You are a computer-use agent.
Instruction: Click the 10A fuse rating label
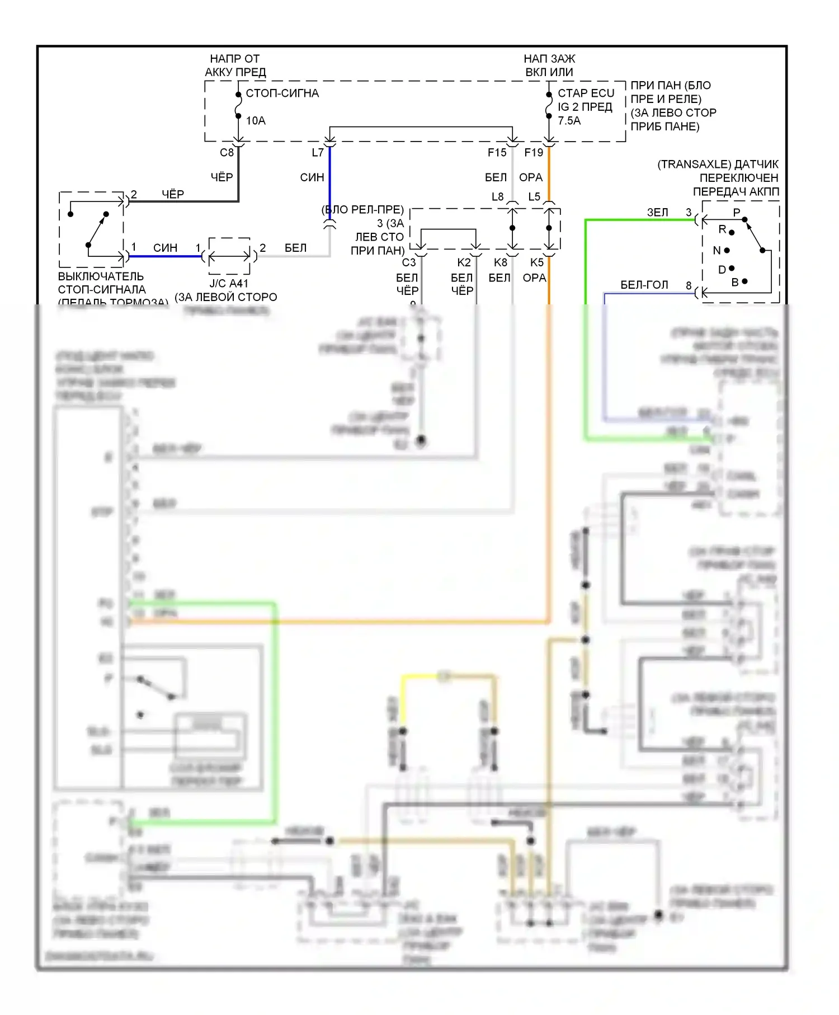point(256,120)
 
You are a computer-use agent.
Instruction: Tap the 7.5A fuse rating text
point(569,120)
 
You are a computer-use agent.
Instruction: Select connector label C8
point(227,153)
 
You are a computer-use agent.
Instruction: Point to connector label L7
point(318,153)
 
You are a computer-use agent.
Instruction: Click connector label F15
point(497,153)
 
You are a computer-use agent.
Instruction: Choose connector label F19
point(534,153)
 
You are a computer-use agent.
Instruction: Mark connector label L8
point(497,197)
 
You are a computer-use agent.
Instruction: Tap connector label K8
point(500,262)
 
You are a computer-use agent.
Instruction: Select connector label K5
point(536,262)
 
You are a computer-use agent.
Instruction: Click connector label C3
point(409,262)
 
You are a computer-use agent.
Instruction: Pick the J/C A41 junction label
point(229,284)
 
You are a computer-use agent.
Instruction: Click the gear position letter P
point(737,213)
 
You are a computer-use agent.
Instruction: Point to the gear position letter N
point(717,251)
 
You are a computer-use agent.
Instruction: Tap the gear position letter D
point(722,270)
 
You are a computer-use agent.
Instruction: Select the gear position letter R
point(722,229)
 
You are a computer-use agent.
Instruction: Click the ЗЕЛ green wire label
point(657,213)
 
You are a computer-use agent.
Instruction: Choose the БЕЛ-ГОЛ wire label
point(644,285)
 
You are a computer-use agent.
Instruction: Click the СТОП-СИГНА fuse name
point(282,93)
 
